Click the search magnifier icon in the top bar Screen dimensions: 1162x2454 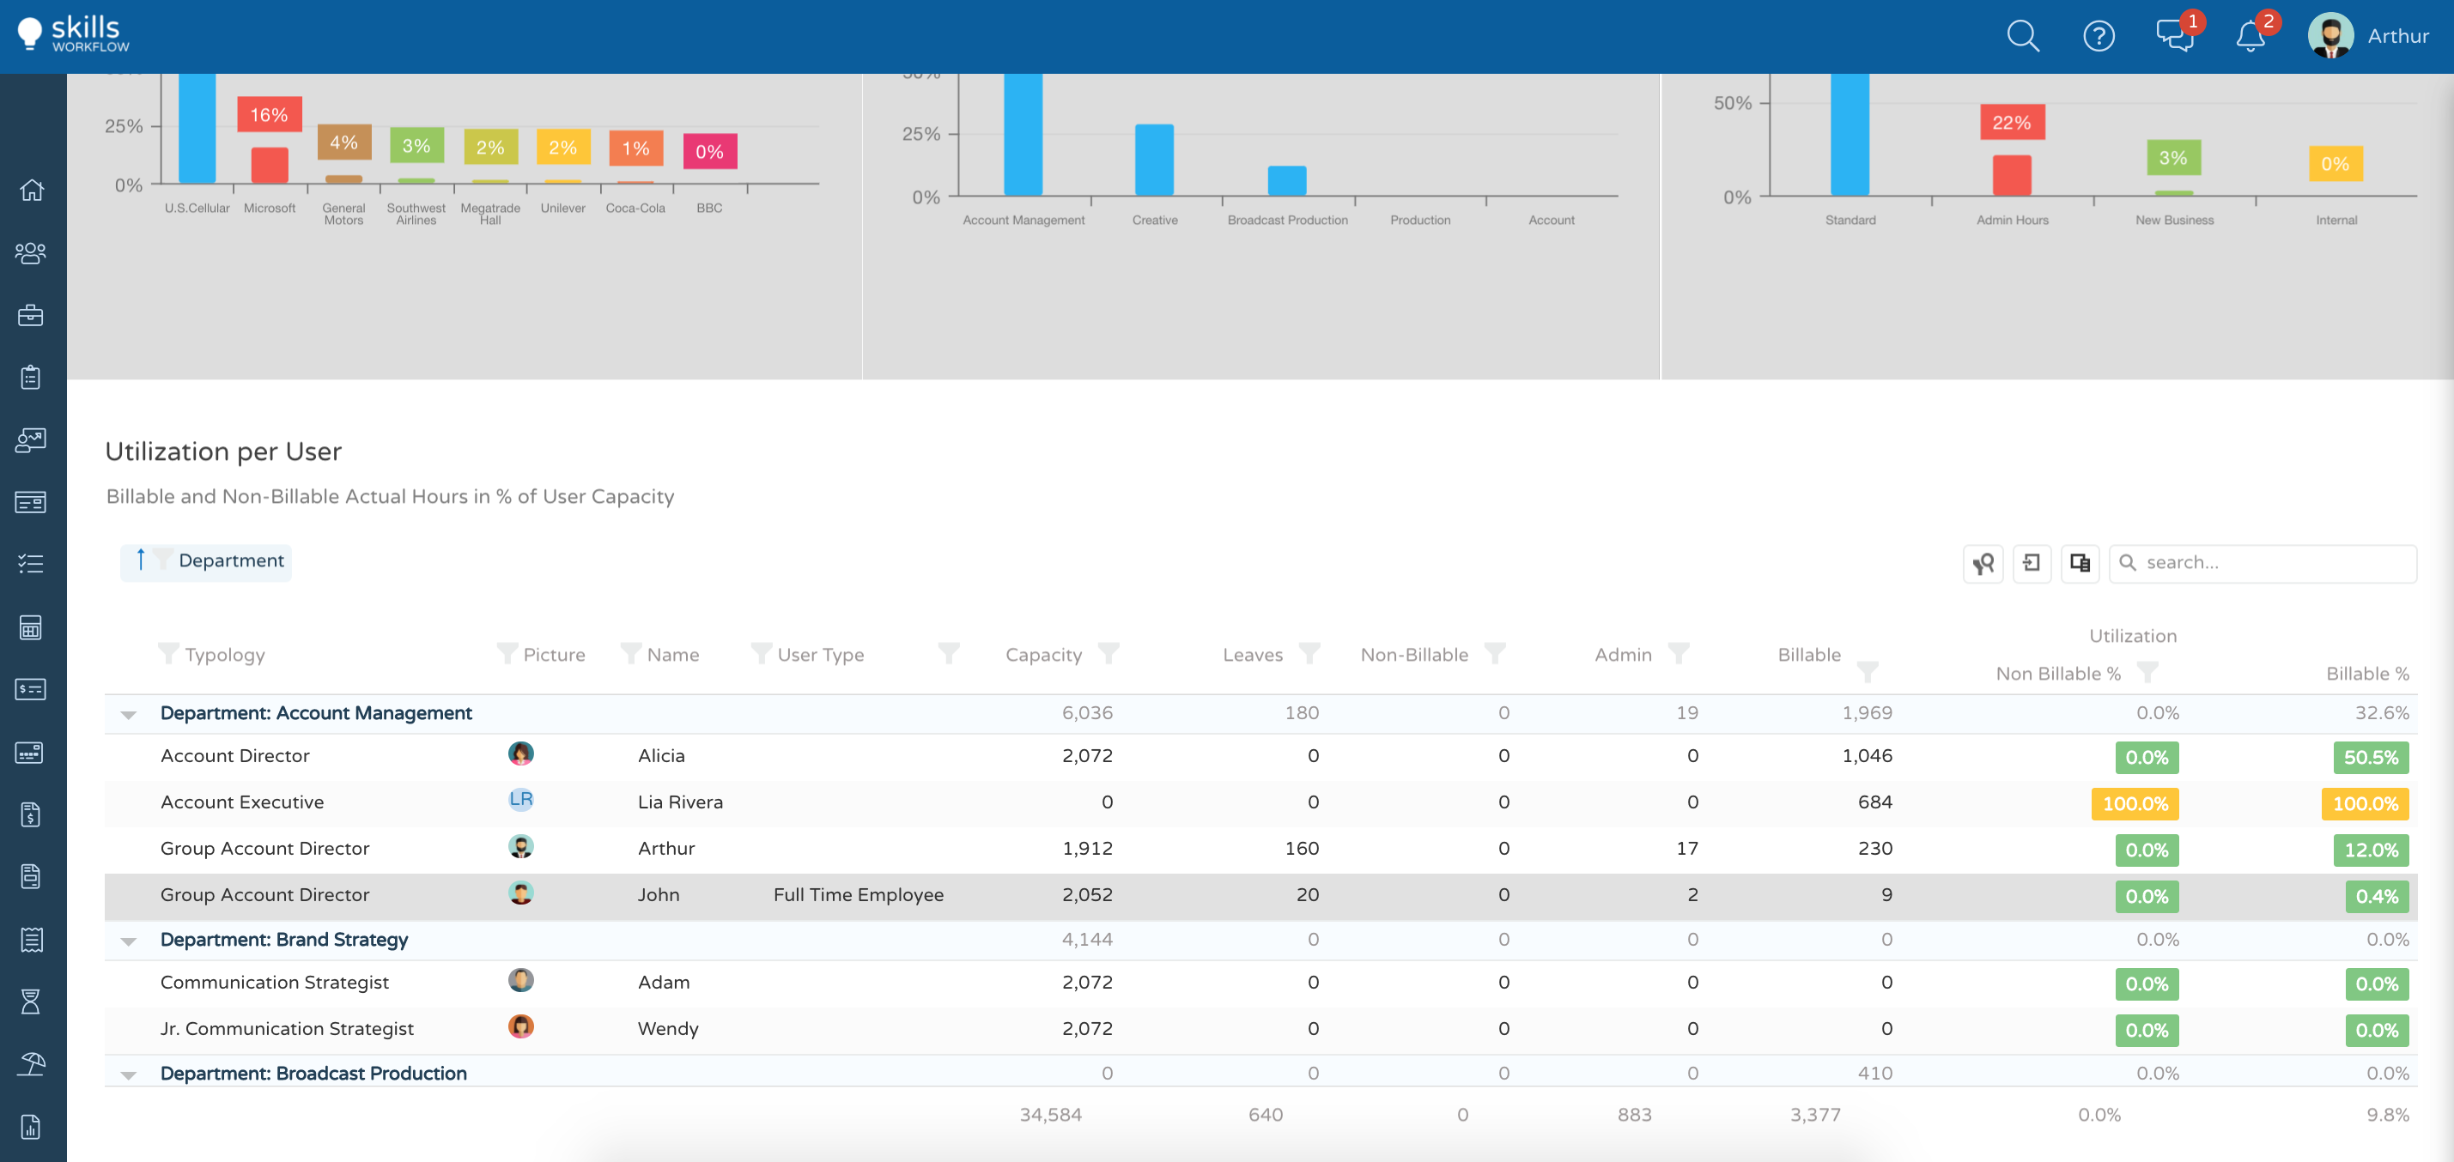click(2021, 36)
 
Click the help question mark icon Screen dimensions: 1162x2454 click(2098, 36)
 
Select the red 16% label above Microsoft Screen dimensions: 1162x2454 click(269, 115)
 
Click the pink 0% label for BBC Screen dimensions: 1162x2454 click(708, 151)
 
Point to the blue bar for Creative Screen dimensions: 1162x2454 click(1154, 160)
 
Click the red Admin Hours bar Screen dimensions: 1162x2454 click(2011, 175)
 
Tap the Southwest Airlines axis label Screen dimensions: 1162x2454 click(416, 214)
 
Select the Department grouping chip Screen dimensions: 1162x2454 click(230, 561)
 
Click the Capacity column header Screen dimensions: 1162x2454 click(1043, 656)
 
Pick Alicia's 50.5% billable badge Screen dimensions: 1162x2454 click(2369, 758)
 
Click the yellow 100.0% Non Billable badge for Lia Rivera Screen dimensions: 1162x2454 click(2134, 804)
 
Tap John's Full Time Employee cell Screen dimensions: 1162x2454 click(858, 895)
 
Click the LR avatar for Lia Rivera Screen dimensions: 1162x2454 click(520, 800)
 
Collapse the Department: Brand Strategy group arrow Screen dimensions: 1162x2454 click(129, 941)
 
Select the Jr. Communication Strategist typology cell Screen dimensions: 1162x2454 click(287, 1029)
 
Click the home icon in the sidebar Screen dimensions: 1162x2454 click(32, 191)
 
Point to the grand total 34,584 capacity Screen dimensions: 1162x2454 click(1050, 1115)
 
